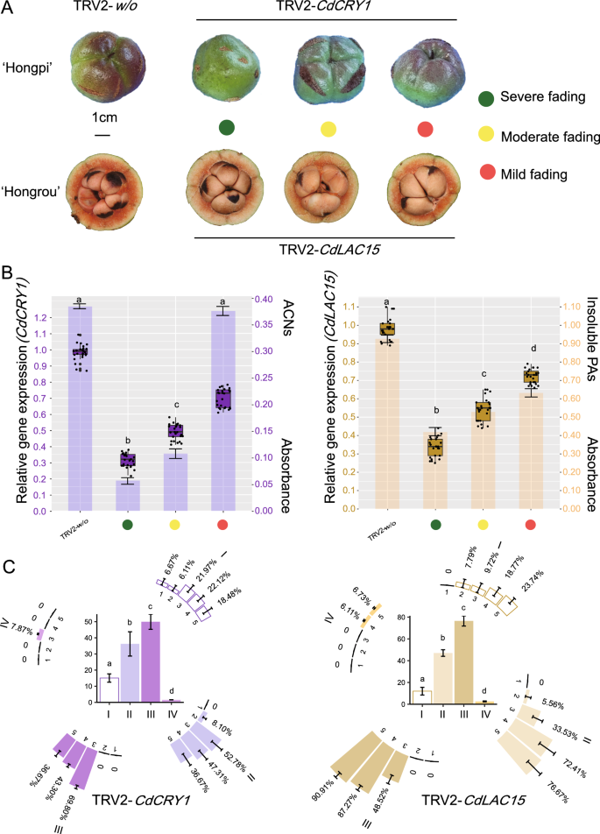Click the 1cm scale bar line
tap(102, 135)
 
